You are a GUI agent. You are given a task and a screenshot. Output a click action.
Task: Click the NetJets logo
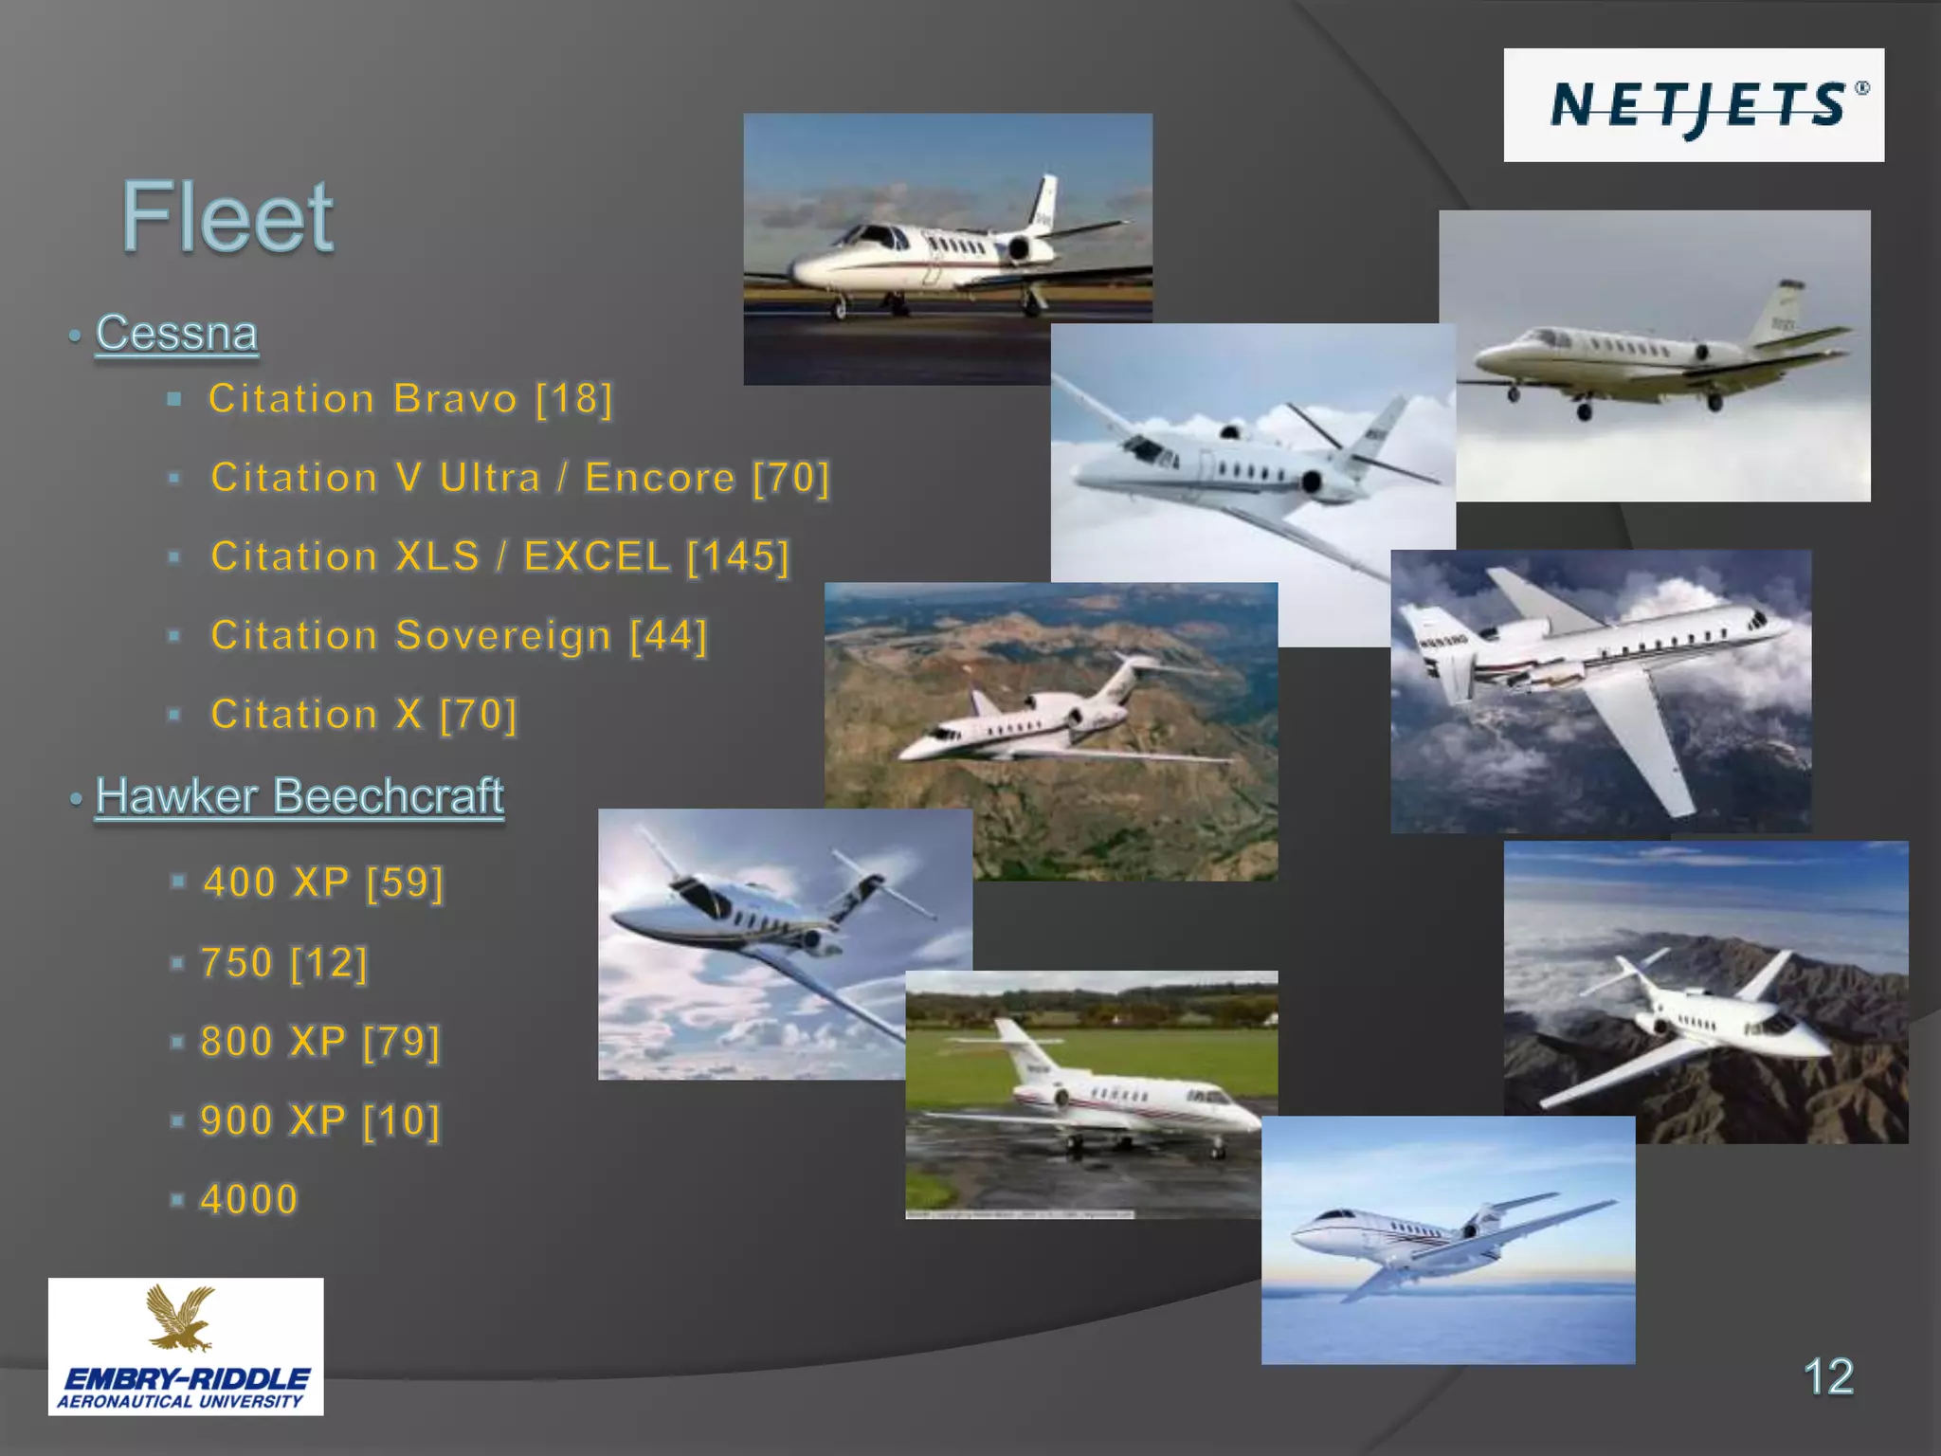click(1694, 105)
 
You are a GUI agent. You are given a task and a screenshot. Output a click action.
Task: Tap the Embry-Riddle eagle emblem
click(182, 1319)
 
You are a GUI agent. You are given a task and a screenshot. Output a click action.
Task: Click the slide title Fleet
click(227, 217)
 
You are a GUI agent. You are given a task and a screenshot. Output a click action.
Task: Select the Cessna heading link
click(176, 334)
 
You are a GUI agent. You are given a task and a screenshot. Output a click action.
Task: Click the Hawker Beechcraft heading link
click(299, 796)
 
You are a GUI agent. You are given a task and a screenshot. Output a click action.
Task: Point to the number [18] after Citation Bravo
click(574, 399)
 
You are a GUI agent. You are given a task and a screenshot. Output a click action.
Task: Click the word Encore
click(660, 478)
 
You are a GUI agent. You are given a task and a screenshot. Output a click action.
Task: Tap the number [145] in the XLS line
click(738, 556)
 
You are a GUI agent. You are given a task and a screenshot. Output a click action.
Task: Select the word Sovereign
click(503, 636)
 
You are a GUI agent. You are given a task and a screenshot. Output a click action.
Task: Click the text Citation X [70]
click(364, 715)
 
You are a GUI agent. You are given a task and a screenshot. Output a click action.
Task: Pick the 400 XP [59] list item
click(323, 883)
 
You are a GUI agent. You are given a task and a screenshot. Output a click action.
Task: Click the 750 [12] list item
click(283, 963)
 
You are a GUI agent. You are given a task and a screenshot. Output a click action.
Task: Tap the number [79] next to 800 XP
click(402, 1042)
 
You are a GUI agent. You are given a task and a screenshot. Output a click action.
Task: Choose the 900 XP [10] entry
click(320, 1120)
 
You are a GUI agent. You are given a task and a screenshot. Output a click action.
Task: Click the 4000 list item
click(249, 1200)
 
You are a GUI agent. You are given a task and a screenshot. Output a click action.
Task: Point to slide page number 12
click(1827, 1376)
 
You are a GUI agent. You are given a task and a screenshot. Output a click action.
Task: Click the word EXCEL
click(597, 556)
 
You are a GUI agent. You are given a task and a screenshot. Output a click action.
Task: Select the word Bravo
click(455, 399)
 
